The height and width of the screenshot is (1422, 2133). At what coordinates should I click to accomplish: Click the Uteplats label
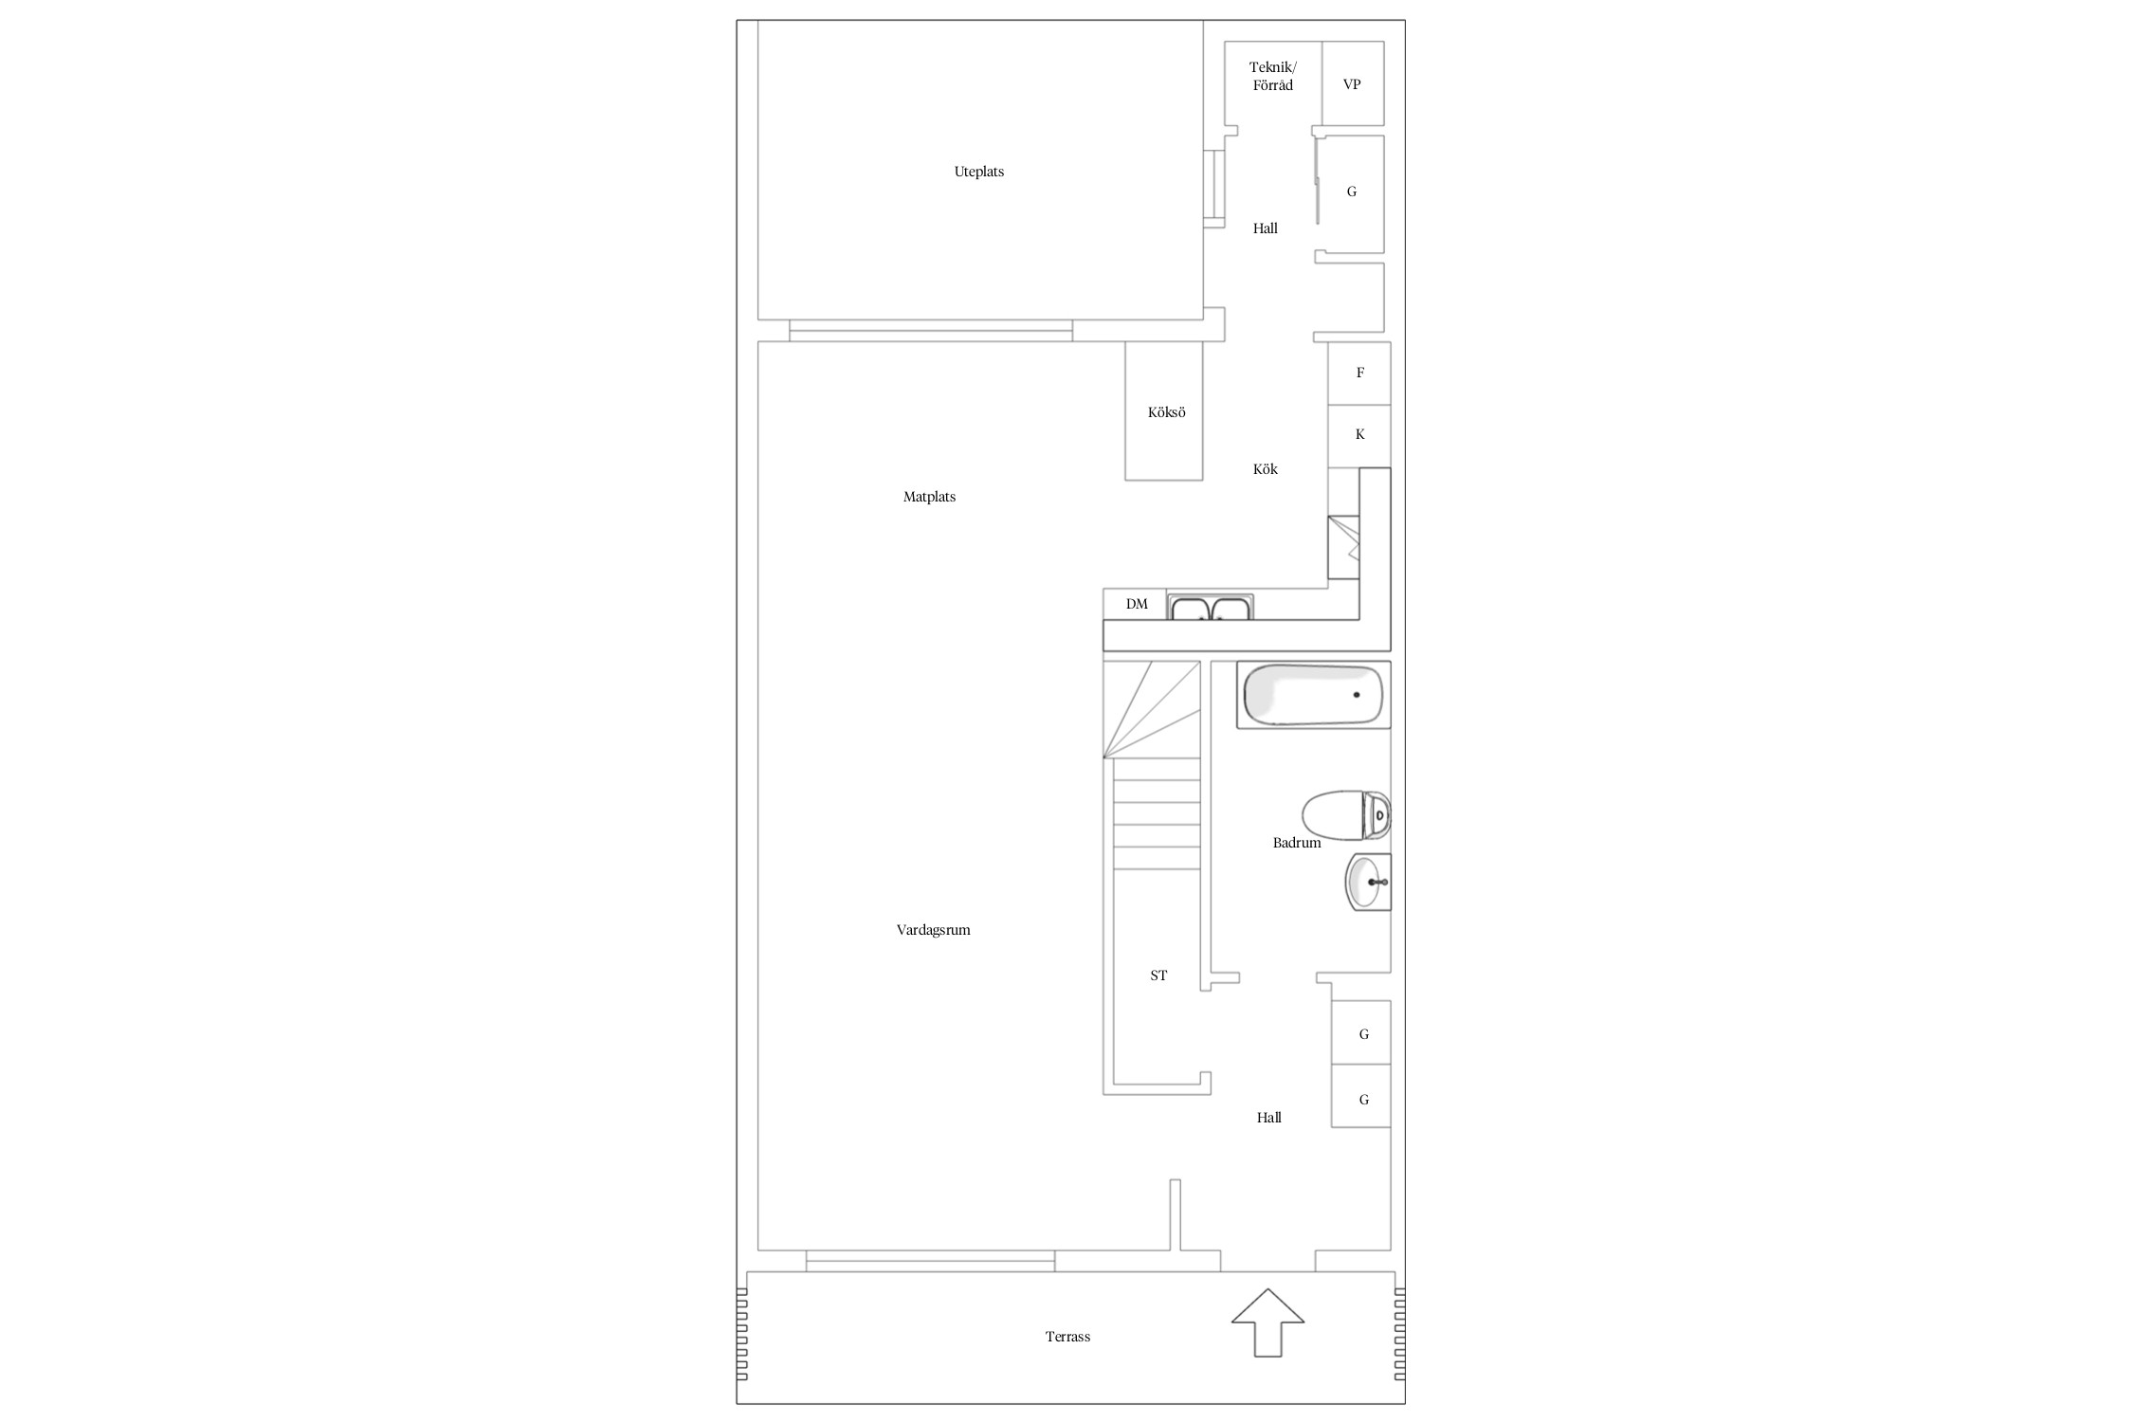978,172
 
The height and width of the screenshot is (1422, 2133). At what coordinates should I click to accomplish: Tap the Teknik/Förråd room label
1272,76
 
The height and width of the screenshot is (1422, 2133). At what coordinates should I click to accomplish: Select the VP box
1353,83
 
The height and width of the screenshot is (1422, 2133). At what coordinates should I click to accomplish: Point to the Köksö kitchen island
1163,410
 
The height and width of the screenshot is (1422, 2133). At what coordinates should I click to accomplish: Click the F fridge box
1359,373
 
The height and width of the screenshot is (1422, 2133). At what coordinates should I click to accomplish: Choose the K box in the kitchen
1359,436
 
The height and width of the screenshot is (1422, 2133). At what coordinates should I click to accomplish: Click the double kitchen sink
1211,607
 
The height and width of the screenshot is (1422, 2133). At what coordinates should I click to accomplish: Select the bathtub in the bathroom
1313,695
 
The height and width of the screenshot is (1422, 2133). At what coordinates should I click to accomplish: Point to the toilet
1346,815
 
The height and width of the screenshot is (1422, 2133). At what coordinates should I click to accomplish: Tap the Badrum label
1296,843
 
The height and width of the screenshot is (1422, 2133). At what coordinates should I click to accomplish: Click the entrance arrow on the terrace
1267,1322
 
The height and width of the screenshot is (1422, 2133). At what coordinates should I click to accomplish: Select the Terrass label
1067,1337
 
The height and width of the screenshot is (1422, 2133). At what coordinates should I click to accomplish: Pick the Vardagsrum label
933,930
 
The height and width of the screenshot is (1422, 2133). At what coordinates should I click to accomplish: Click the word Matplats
929,497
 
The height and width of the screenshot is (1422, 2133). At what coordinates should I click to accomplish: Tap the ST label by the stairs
1158,975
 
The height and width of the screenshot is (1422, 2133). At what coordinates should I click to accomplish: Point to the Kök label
1265,469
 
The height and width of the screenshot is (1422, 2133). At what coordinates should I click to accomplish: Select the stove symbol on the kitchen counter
1343,547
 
